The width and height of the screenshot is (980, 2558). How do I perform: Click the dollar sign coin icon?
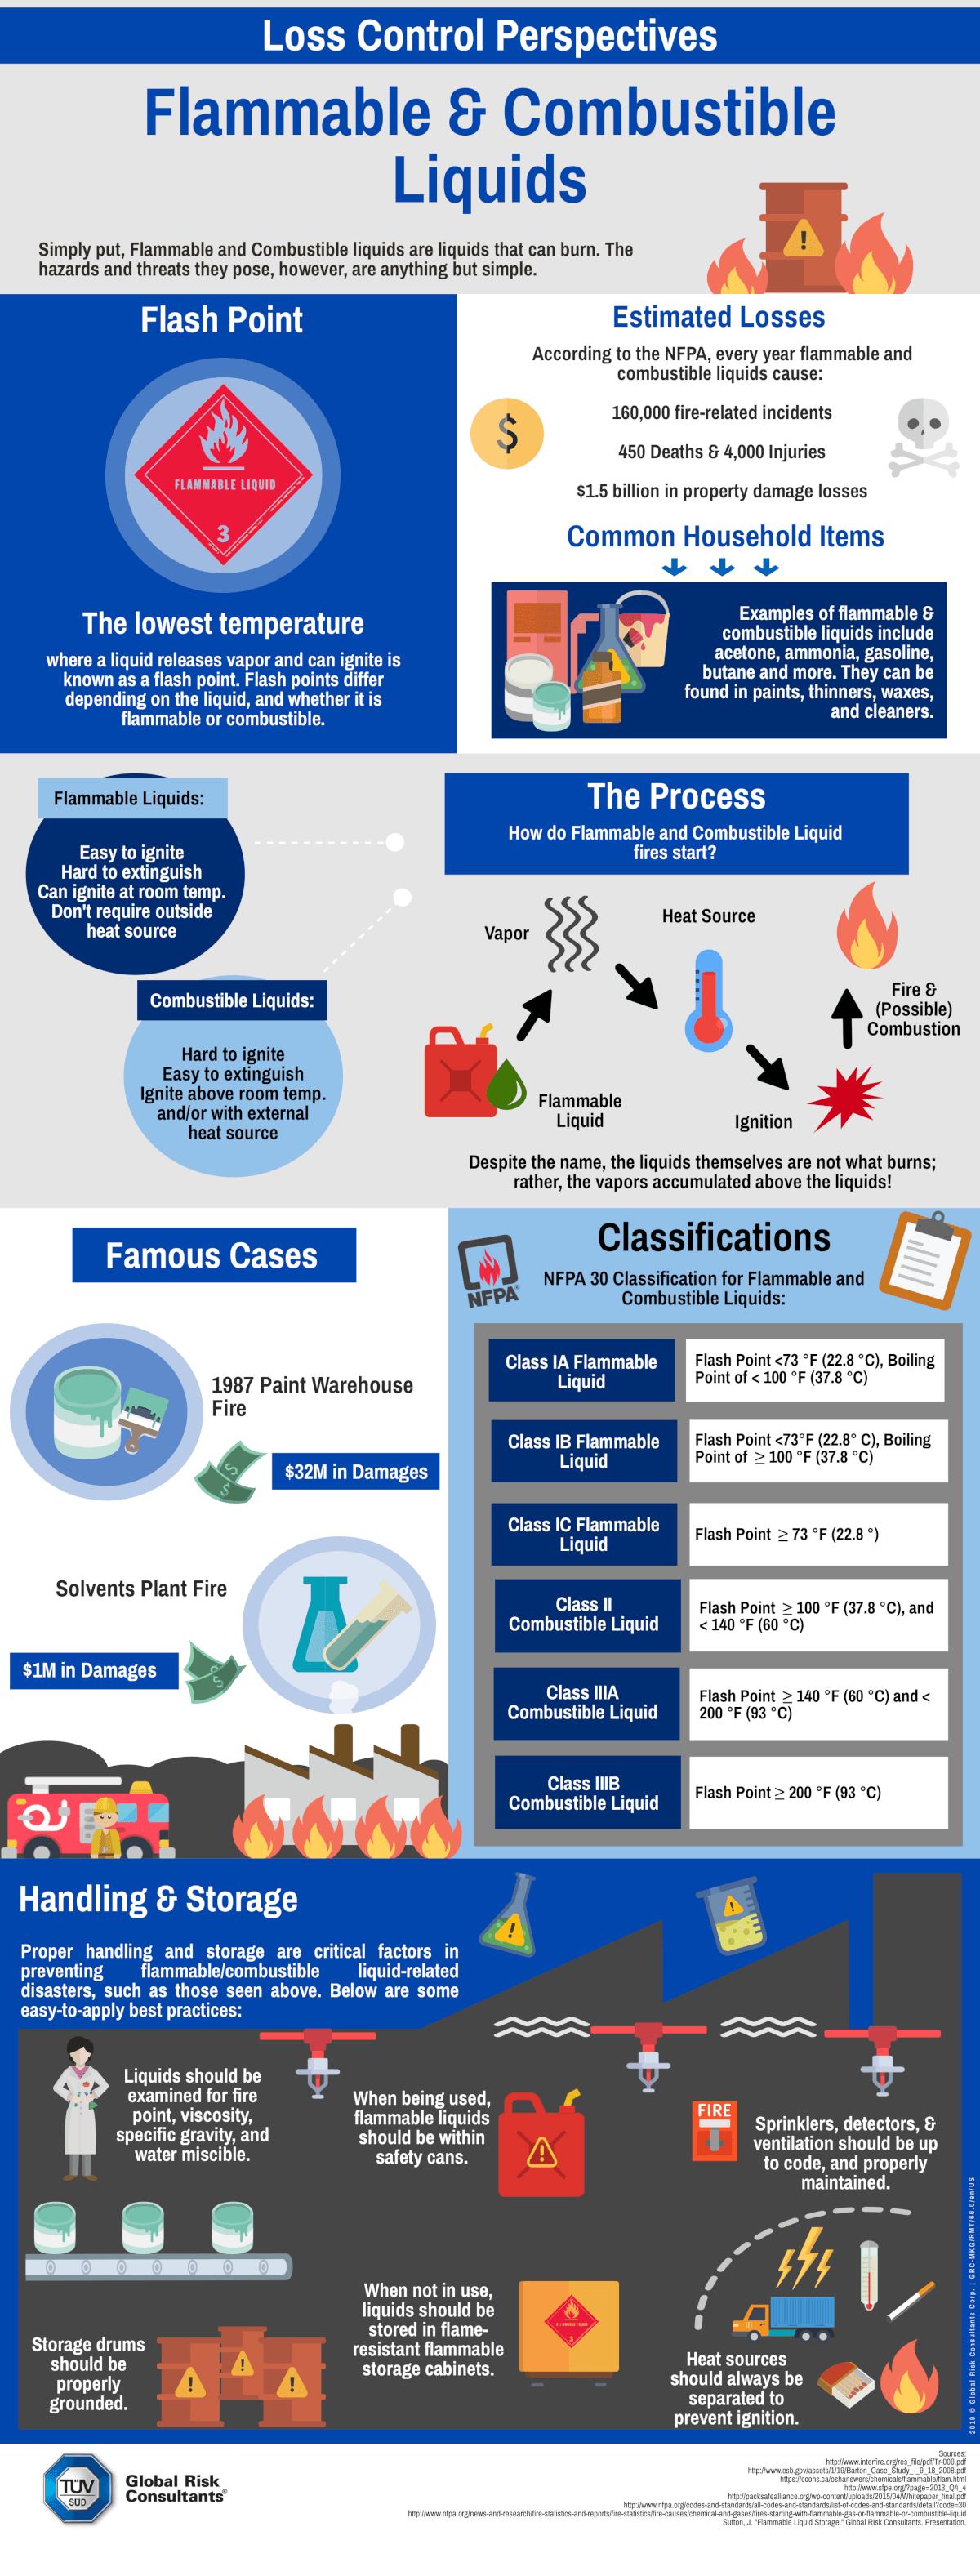tap(506, 433)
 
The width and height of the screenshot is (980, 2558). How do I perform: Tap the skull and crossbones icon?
tap(924, 436)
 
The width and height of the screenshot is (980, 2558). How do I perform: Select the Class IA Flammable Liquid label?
tap(581, 1370)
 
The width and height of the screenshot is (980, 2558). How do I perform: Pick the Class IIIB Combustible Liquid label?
tap(584, 1793)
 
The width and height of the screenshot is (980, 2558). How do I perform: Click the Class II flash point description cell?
tap(817, 1615)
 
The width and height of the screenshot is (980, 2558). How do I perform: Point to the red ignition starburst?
tap(843, 1098)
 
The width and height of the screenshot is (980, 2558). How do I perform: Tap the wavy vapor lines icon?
tap(572, 934)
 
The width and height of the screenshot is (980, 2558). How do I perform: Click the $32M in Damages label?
tap(355, 1472)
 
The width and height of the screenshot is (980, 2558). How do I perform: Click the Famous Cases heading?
tap(212, 1255)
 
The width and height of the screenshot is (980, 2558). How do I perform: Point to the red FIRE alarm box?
tap(714, 2130)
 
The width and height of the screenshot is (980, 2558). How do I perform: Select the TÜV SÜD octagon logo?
tap(78, 2488)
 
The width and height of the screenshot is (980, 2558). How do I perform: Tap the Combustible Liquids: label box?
tap(232, 1000)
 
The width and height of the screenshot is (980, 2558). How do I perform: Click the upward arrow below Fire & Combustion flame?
tap(846, 1018)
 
